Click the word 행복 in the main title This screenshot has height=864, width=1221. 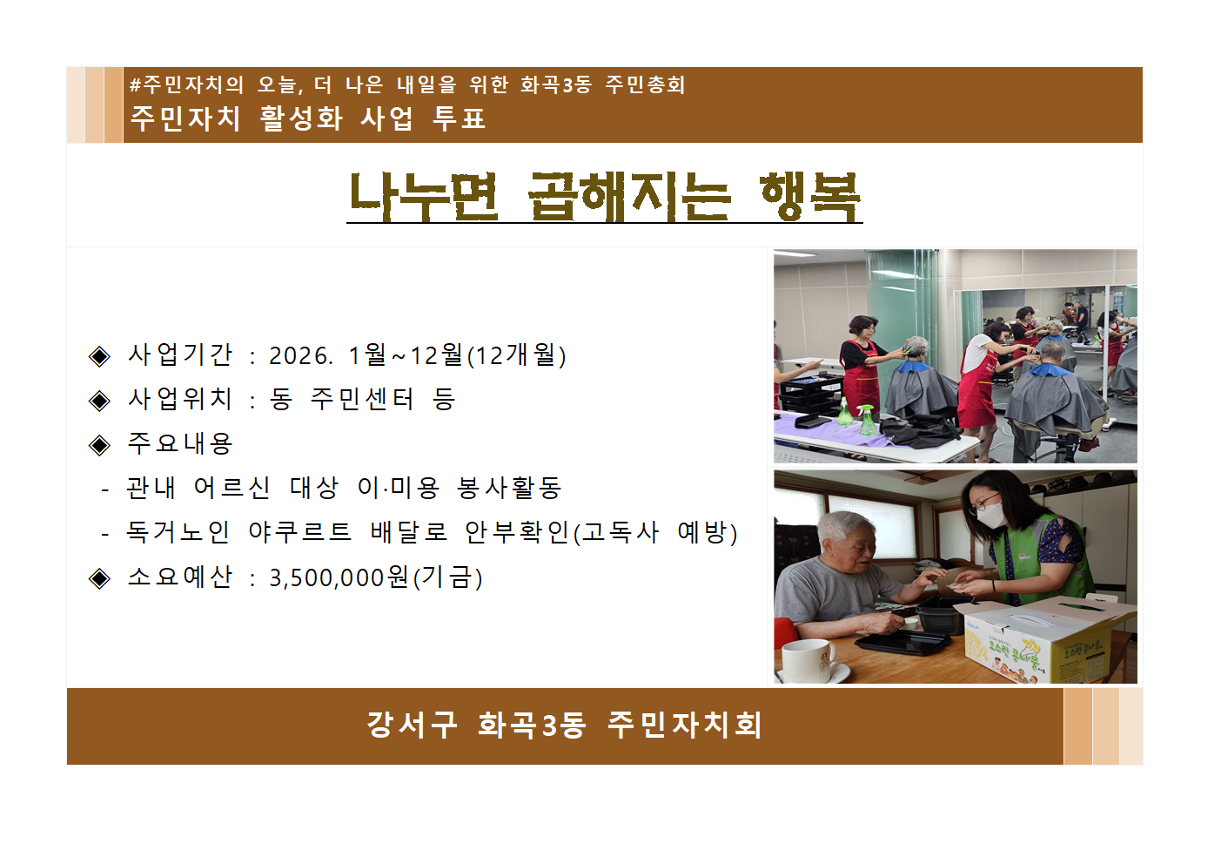[x=809, y=196]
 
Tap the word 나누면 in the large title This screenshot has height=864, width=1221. [x=424, y=196]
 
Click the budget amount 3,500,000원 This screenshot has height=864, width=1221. [x=339, y=577]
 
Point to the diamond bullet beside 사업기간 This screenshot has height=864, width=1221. [x=100, y=355]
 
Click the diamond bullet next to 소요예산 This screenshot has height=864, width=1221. [x=100, y=578]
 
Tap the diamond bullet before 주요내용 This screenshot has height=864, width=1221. [x=100, y=445]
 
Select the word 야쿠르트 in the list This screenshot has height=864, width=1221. [x=299, y=531]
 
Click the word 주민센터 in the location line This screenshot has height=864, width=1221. [x=362, y=399]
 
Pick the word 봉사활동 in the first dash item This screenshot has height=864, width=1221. [x=509, y=488]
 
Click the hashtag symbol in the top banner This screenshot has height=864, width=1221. [x=135, y=84]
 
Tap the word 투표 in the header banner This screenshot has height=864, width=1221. [x=459, y=118]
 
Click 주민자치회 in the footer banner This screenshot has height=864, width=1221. [x=685, y=725]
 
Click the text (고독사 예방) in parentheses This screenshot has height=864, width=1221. [x=654, y=531]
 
